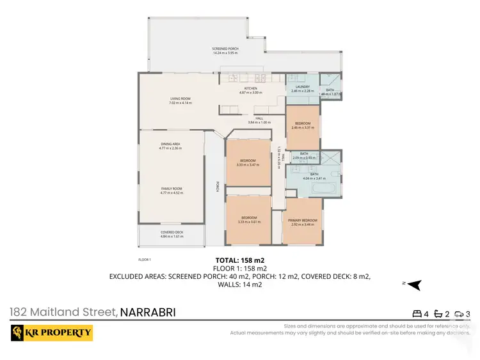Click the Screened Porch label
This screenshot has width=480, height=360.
click(225, 49)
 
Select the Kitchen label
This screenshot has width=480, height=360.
click(250, 89)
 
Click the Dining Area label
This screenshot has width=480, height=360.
click(170, 145)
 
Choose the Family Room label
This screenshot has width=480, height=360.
click(171, 189)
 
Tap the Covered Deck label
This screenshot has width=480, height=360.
click(171, 233)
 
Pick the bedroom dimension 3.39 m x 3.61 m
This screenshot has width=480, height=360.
click(248, 222)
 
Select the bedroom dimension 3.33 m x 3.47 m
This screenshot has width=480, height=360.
click(248, 164)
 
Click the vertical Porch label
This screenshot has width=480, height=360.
click(217, 187)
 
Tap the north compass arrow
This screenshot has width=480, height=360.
click(415, 284)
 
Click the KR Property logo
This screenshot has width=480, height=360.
click(51, 333)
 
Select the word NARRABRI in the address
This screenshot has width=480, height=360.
click(148, 313)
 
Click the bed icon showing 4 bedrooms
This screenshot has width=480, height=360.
click(417, 314)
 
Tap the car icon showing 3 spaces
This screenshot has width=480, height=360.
click(459, 314)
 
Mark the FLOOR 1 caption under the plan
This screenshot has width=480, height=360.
click(144, 260)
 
